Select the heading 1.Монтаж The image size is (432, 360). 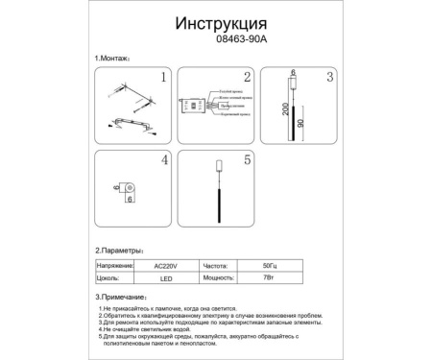(x=119, y=60)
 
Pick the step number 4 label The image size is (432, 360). (x=163, y=161)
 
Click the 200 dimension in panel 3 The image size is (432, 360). (x=285, y=110)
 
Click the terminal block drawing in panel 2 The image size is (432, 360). (x=197, y=108)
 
